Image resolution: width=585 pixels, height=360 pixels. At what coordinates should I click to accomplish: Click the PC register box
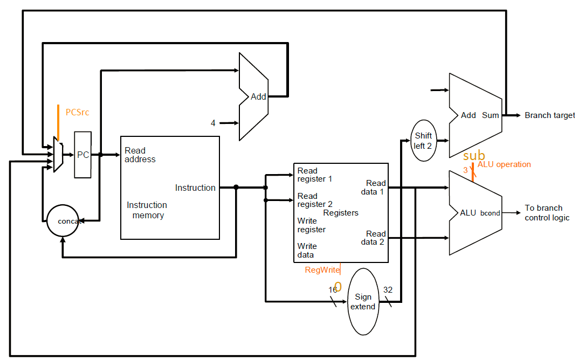point(83,155)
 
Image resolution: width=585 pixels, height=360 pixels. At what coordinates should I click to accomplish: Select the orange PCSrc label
point(77,113)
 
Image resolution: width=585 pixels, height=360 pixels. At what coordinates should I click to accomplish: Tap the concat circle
point(63,221)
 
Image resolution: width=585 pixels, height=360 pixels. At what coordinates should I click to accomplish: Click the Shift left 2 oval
point(423,140)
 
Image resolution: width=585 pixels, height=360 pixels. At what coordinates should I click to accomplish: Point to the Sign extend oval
point(363,301)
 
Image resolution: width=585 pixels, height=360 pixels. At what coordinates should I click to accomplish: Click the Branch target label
point(549,115)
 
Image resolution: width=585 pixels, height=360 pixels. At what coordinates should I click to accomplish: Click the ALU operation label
point(504,164)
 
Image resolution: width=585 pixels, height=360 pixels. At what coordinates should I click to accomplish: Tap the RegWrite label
point(322,270)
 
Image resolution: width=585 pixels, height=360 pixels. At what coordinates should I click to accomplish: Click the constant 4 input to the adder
point(213,123)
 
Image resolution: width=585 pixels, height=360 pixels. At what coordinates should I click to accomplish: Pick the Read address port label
point(140,155)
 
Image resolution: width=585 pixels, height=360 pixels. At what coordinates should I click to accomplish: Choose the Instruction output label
point(195,188)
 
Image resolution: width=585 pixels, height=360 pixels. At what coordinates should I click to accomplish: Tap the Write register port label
point(311,225)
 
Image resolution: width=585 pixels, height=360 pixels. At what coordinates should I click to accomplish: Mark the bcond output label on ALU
point(490,213)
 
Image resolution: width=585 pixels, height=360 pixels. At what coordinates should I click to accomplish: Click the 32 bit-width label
point(388,290)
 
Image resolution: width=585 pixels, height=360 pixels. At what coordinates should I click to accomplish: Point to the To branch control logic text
point(546,213)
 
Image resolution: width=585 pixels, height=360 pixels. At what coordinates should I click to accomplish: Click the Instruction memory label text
point(147,210)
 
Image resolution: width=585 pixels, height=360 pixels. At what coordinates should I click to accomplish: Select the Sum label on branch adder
point(490,115)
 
